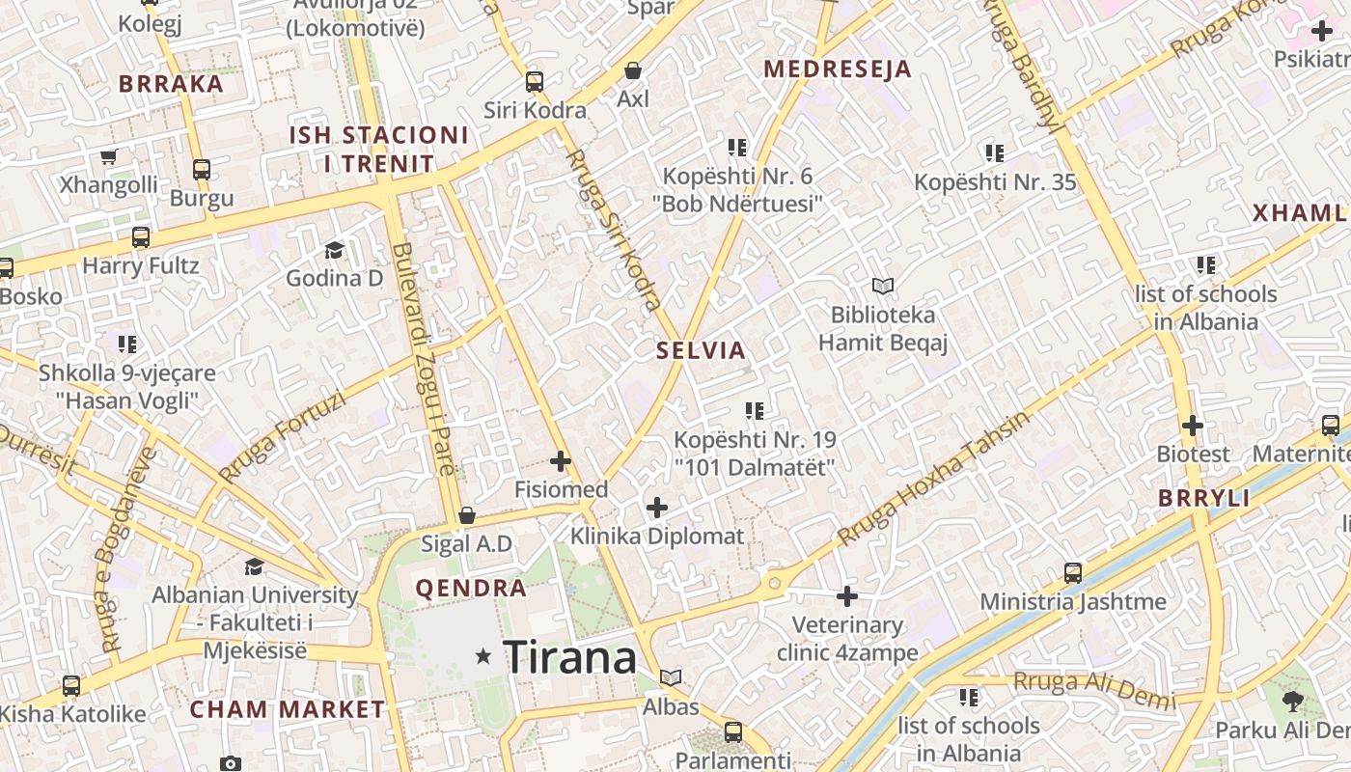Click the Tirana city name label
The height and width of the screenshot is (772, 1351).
pyautogui.click(x=569, y=657)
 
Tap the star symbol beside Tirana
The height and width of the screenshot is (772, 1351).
pyautogui.click(x=483, y=656)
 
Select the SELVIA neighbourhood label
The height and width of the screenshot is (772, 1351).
pyautogui.click(x=702, y=350)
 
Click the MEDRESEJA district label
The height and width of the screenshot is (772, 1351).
pyautogui.click(x=838, y=69)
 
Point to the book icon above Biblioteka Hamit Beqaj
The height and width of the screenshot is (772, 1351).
pyautogui.click(x=883, y=286)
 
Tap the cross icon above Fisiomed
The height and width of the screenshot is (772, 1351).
pyautogui.click(x=560, y=461)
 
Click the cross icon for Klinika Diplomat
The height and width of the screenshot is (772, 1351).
pyautogui.click(x=657, y=508)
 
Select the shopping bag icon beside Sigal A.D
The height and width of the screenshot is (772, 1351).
pyautogui.click(x=467, y=515)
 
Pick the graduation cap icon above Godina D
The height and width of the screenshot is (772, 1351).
pyautogui.click(x=334, y=250)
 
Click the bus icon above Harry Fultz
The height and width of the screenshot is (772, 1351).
pyautogui.click(x=141, y=236)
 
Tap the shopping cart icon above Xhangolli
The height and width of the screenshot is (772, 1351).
pyautogui.click(x=109, y=156)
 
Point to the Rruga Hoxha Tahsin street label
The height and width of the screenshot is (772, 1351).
pyautogui.click(x=933, y=479)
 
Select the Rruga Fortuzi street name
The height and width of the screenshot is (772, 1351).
pyautogui.click(x=281, y=436)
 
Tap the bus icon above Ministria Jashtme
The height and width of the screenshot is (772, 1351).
pyautogui.click(x=1073, y=573)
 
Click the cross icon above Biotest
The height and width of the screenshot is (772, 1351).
pyautogui.click(x=1193, y=426)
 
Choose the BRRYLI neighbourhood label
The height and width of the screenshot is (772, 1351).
pyautogui.click(x=1203, y=499)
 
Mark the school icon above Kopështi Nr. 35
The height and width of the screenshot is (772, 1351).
pyautogui.click(x=995, y=152)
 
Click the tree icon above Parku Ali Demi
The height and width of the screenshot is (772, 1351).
pyautogui.click(x=1293, y=702)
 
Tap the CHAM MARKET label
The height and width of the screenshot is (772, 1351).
pyautogui.click(x=287, y=709)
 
